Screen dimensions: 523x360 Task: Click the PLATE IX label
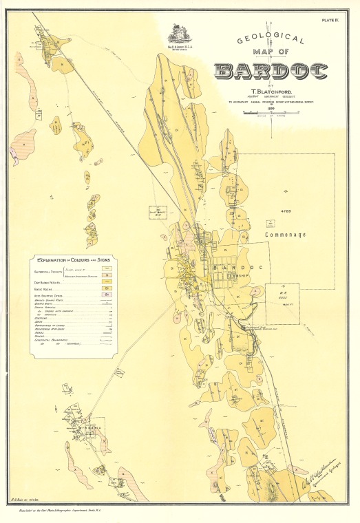pos(331,22)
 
